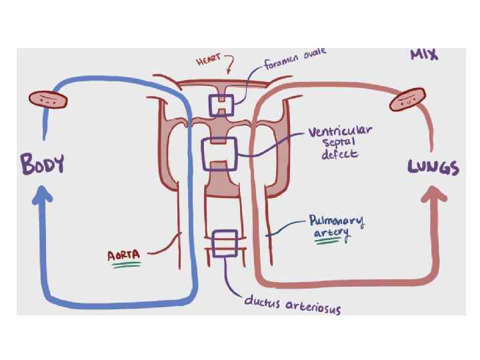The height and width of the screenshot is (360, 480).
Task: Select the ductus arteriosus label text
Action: coord(292,305)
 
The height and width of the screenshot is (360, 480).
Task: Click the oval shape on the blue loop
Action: coord(48,100)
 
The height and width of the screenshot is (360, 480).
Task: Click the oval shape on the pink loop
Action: coord(409,100)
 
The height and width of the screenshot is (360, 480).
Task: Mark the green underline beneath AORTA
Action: coord(126,265)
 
